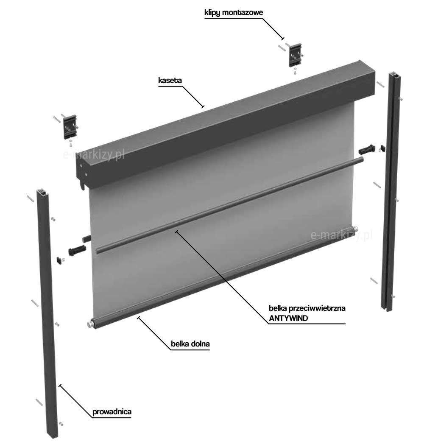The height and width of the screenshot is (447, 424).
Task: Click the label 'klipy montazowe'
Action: pos(233,13)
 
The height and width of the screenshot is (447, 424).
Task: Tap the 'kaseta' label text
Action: pos(170,81)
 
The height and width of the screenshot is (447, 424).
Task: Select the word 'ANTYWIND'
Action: pos(288,318)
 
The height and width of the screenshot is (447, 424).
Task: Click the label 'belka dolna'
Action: pos(190,344)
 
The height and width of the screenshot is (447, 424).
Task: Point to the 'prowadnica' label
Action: pos(112,412)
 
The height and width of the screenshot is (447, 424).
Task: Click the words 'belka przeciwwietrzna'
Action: pos(307,308)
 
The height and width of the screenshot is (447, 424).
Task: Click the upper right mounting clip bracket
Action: pos(295,55)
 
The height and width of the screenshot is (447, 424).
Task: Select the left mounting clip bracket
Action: pos(70,126)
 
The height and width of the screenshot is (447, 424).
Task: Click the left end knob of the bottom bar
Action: pos(91,324)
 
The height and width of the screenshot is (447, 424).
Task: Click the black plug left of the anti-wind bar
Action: pos(77,250)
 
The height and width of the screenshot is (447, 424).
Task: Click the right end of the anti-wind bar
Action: pos(362,159)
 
